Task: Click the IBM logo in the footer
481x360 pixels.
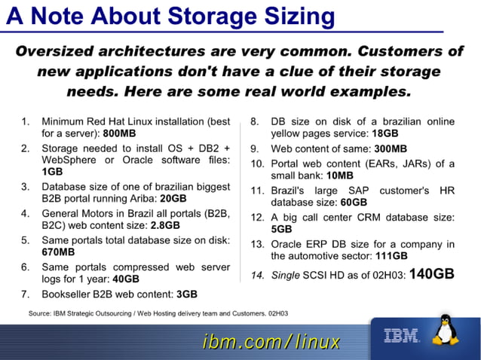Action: pos(401,335)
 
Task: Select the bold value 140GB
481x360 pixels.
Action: pos(432,273)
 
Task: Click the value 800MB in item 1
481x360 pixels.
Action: pos(119,133)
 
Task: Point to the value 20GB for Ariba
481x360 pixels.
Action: pos(173,198)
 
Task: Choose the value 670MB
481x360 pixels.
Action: pos(58,252)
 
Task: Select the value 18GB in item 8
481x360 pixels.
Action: pos(389,133)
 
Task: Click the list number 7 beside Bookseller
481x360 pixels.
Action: pos(25,294)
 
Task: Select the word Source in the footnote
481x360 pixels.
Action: pos(40,312)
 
